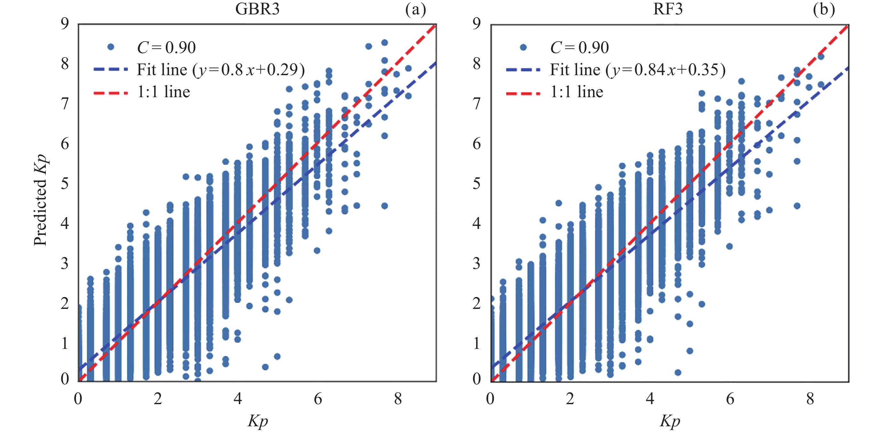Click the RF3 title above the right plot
point(668,9)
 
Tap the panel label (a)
point(415,10)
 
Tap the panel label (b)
point(824,10)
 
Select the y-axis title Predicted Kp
point(40,200)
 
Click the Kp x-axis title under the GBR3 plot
point(258,421)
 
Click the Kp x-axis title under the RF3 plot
point(670,421)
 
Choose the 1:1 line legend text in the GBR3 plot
point(163,92)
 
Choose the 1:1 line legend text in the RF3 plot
point(577,92)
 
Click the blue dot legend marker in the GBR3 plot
point(111,47)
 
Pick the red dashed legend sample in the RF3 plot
point(523,93)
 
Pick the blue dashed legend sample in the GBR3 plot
point(111,70)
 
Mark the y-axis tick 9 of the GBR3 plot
point(65,23)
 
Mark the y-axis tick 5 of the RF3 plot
point(477,184)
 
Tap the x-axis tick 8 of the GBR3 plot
point(398,399)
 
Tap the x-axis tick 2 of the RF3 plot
point(570,399)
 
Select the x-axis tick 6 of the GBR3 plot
point(318,399)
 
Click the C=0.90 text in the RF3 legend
point(579,48)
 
